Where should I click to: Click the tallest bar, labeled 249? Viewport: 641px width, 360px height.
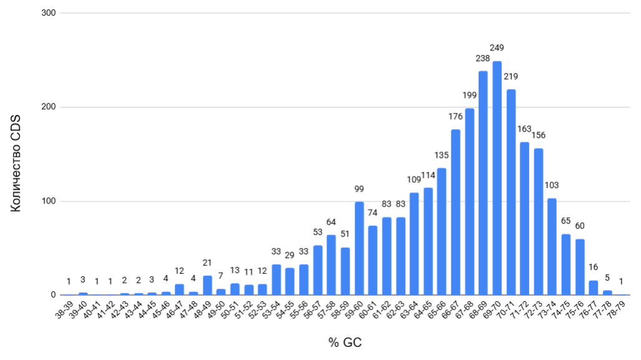point(497,178)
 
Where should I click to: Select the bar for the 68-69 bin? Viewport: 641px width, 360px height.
point(483,183)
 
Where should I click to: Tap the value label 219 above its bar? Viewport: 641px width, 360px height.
point(511,77)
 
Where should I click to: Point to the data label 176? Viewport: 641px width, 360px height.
point(455,116)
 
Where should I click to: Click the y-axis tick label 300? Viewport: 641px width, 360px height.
point(48,12)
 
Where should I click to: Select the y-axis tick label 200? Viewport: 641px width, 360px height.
point(48,107)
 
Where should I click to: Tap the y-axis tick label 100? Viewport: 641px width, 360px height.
point(48,201)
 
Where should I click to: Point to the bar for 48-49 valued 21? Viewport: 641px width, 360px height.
point(208,285)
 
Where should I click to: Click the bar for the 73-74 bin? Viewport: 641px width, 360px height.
point(552,246)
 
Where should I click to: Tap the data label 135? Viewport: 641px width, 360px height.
point(441,155)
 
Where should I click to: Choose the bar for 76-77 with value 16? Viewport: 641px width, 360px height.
point(594,288)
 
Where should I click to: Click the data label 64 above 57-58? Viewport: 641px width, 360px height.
point(331,222)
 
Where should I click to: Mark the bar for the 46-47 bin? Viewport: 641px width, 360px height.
point(180,289)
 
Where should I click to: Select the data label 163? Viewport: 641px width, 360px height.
point(524,129)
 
